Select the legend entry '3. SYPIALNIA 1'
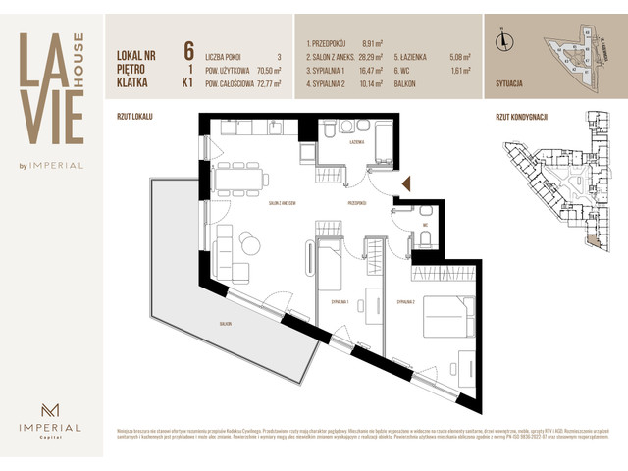pos(329,71)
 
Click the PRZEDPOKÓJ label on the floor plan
pos(356,203)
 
